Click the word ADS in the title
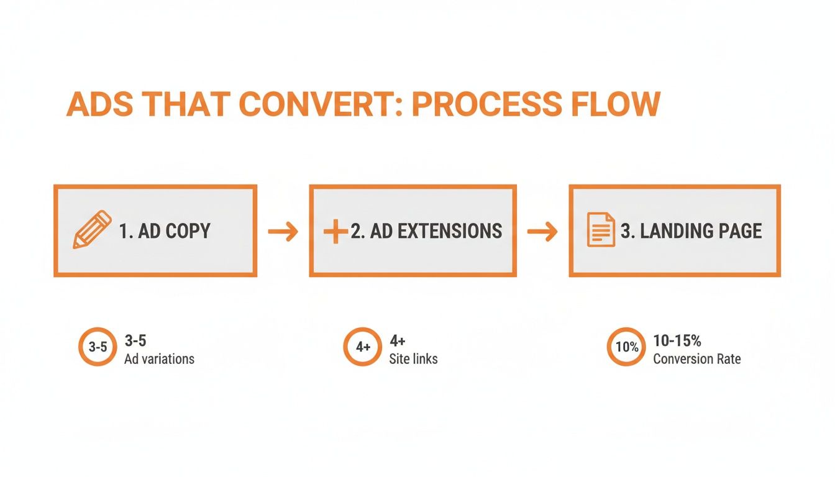[99, 104]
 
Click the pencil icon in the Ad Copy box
[92, 230]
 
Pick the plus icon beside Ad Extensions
[335, 232]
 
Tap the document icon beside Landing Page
[601, 230]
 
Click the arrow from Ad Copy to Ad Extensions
[283, 232]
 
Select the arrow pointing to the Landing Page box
[542, 232]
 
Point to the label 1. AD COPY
[165, 231]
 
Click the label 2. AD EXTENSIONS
[426, 231]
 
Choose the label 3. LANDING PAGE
[691, 231]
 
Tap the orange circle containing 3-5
[98, 347]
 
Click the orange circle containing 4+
[363, 347]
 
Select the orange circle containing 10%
[626, 347]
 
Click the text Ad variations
[159, 359]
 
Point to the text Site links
[413, 359]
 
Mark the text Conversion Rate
[696, 359]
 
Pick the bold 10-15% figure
[677, 340]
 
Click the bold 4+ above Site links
[398, 340]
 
